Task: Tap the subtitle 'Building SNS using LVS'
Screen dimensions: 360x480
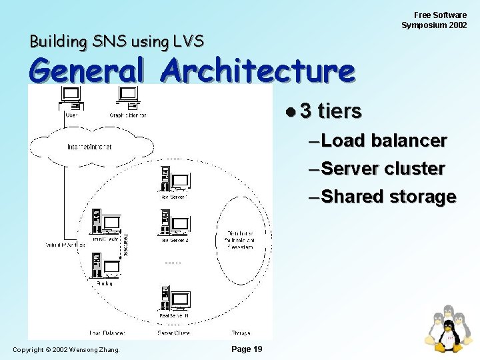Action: [116, 41]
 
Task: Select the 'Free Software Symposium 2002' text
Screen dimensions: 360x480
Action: [434, 20]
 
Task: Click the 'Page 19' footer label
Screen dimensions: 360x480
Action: [247, 349]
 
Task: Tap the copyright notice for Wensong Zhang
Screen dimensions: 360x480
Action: [67, 349]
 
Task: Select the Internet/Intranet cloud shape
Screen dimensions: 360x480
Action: [89, 147]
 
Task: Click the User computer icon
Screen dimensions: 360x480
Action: [71, 98]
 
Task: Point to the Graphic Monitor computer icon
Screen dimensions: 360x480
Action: [128, 98]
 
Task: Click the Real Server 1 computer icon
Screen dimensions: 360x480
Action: [173, 179]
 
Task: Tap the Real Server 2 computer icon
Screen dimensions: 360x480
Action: [173, 223]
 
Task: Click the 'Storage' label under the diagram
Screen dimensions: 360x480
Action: [241, 332]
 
